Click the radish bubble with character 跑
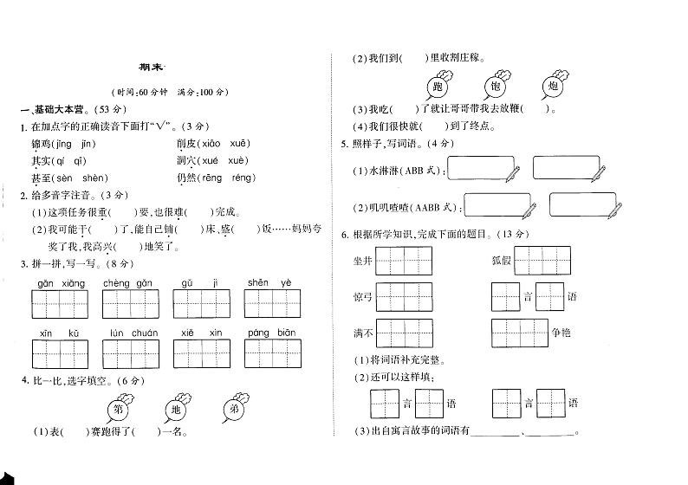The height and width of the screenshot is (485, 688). tap(438, 87)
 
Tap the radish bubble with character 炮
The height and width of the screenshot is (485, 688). tap(554, 87)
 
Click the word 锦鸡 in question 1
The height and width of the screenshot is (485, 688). tap(41, 144)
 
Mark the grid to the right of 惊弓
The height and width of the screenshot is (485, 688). tap(404, 296)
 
